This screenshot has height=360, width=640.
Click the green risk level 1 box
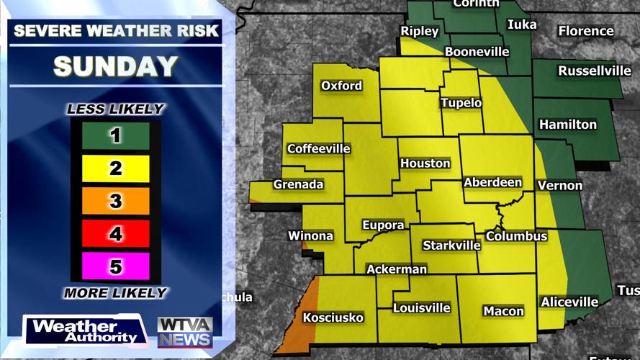[x=115, y=136]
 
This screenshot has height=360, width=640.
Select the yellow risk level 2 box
[x=115, y=169]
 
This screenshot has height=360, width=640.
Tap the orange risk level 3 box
[x=115, y=202]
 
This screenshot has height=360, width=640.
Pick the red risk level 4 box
[x=115, y=234]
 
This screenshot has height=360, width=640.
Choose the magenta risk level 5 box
[x=115, y=266]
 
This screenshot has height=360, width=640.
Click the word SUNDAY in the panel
[x=115, y=66]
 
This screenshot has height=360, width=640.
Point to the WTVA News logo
[x=185, y=332]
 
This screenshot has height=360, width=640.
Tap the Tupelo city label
[x=461, y=103]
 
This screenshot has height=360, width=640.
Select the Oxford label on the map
[x=341, y=86]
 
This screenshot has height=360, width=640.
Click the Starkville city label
[x=451, y=246]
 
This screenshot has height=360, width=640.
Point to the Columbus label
[x=516, y=236]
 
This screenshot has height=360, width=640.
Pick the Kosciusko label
[x=333, y=318]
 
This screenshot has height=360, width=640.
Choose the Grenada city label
[x=298, y=184]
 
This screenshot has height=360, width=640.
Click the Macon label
[x=503, y=311]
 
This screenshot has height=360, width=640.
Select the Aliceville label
[x=569, y=302]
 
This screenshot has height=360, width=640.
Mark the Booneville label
[x=477, y=52]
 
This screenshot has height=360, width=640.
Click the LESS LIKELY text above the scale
[x=115, y=109]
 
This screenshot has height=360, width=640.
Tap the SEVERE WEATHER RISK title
[x=115, y=31]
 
